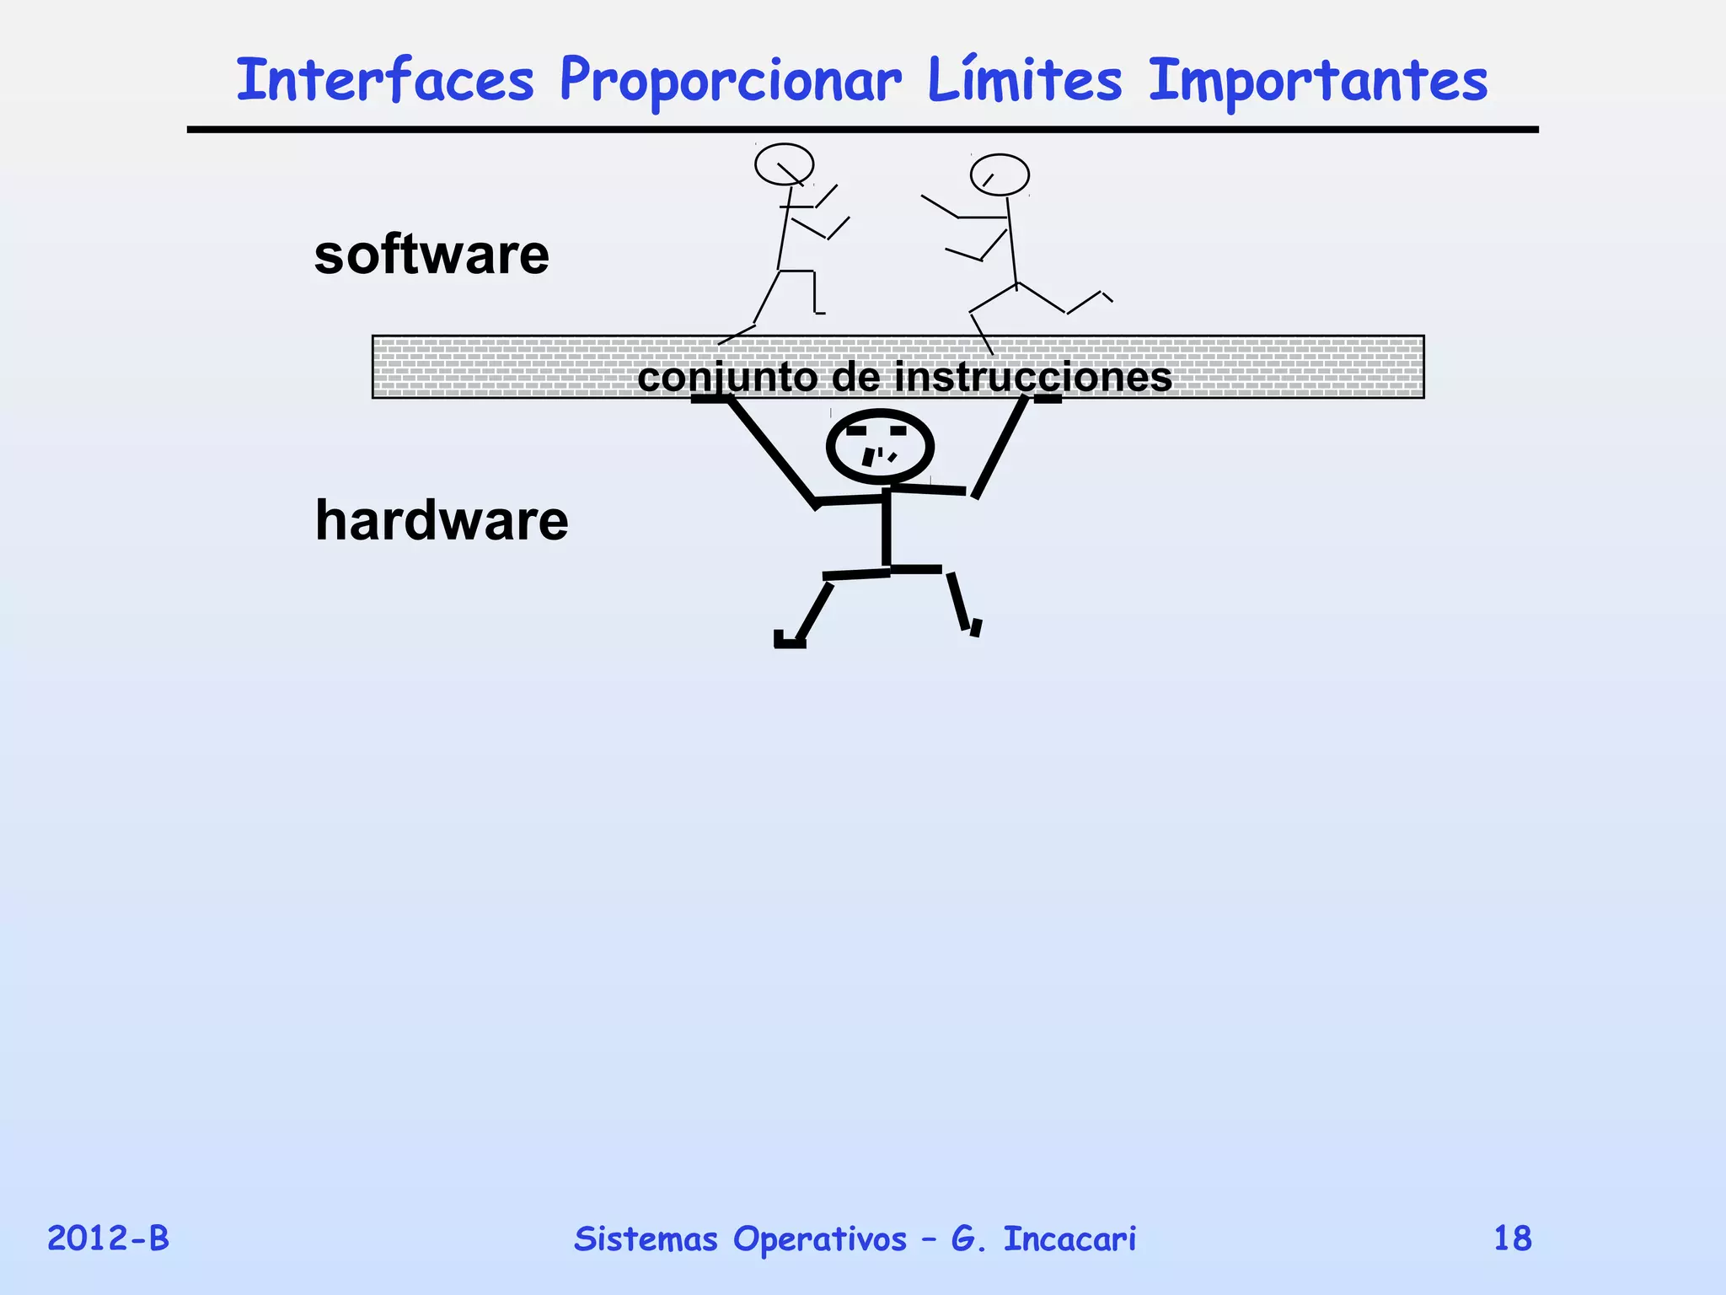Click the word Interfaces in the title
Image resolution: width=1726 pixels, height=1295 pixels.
coord(385,81)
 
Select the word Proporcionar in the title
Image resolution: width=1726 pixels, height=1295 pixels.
coord(730,83)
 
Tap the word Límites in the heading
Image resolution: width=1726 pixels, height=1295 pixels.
coord(1024,81)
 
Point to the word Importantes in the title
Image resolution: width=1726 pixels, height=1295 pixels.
coord(1318,83)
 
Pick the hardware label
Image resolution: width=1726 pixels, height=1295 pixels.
coord(442,520)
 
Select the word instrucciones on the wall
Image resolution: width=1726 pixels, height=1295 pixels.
coord(1032,377)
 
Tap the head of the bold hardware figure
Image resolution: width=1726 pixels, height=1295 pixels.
coord(880,446)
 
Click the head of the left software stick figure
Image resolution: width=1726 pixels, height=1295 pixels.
coord(784,164)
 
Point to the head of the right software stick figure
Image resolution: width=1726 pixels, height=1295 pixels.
coord(1000,175)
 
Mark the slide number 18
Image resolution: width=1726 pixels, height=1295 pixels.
coord(1512,1239)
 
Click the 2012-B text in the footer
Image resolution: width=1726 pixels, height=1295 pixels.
coord(108,1239)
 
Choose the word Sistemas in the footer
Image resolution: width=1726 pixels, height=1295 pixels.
coord(646,1239)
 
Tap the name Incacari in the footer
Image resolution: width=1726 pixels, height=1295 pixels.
coord(1069,1239)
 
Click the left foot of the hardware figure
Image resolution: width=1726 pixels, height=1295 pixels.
coord(790,642)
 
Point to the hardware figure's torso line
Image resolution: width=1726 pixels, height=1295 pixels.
coord(886,529)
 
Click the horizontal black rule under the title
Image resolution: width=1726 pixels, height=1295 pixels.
coord(862,130)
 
